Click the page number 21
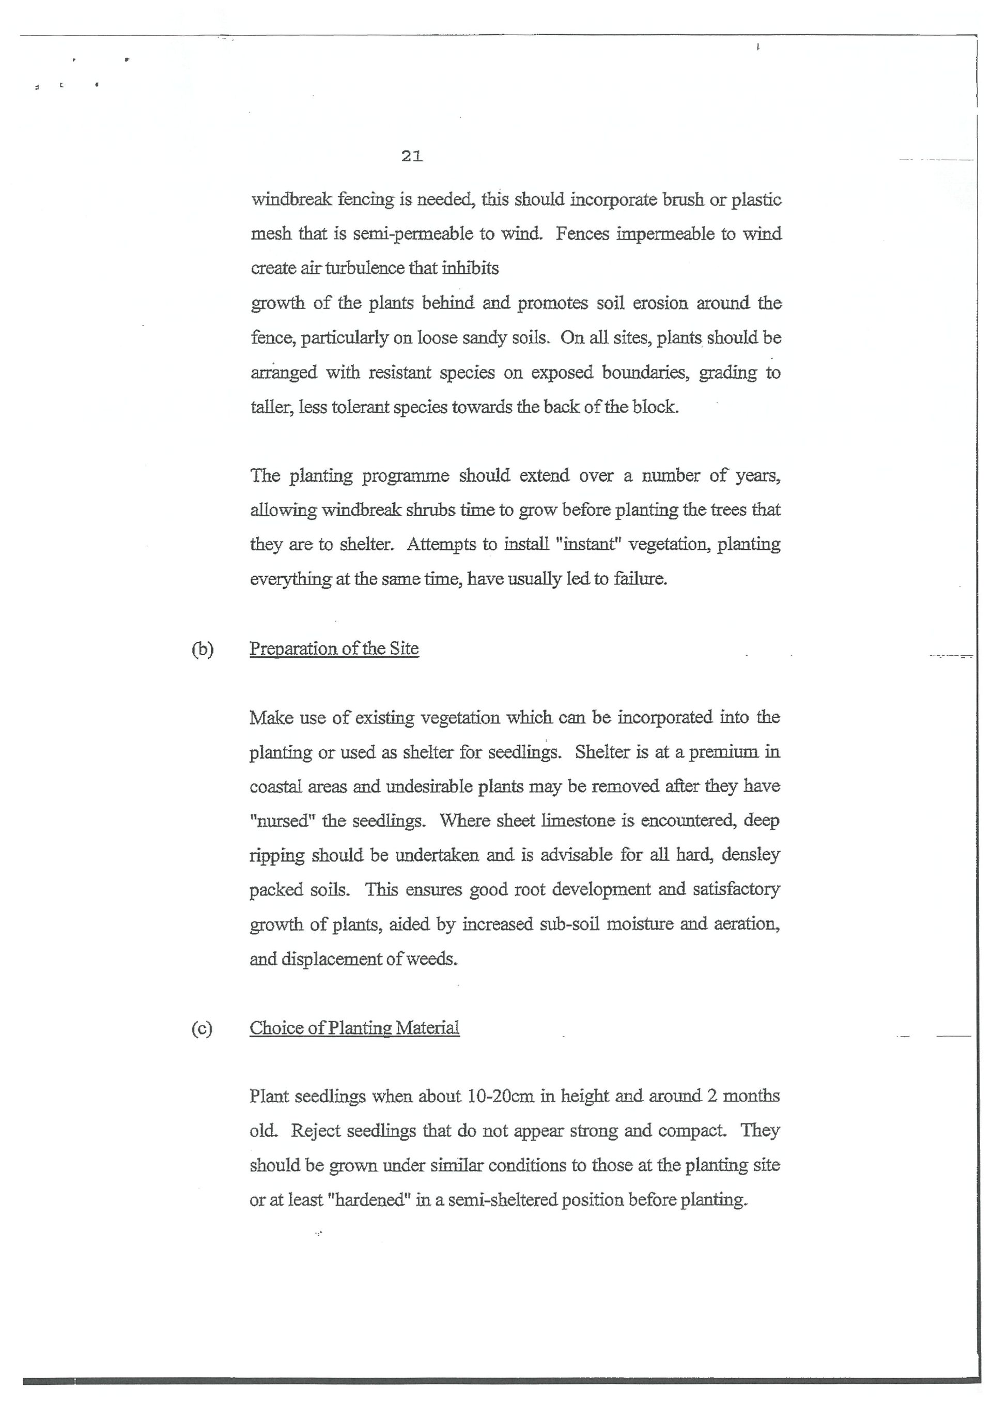click(412, 157)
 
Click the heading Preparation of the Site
click(334, 649)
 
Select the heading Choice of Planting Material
click(354, 1028)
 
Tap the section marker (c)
click(202, 1029)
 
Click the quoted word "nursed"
click(281, 821)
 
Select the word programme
click(406, 476)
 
